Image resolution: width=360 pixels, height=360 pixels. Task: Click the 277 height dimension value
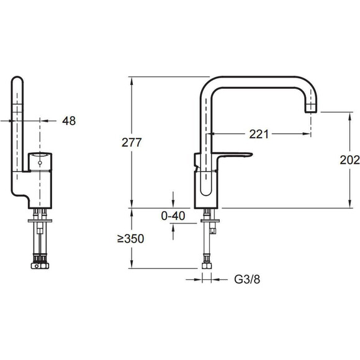(x=132, y=143)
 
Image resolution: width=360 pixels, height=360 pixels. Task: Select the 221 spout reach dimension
(x=259, y=134)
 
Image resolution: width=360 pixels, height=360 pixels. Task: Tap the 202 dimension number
(x=349, y=160)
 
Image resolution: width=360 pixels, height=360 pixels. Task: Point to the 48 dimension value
(x=69, y=121)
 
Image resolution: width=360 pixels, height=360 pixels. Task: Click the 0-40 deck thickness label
(x=173, y=216)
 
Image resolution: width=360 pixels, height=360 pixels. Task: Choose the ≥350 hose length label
(x=130, y=238)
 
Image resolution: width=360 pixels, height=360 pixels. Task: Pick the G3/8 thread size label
(x=247, y=279)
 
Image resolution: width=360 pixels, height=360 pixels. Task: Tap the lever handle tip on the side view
(x=251, y=155)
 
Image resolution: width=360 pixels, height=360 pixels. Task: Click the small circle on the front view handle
(x=40, y=163)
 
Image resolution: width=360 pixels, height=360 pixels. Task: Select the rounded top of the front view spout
(x=17, y=79)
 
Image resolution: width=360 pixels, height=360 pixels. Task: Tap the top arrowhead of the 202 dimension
(x=349, y=116)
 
